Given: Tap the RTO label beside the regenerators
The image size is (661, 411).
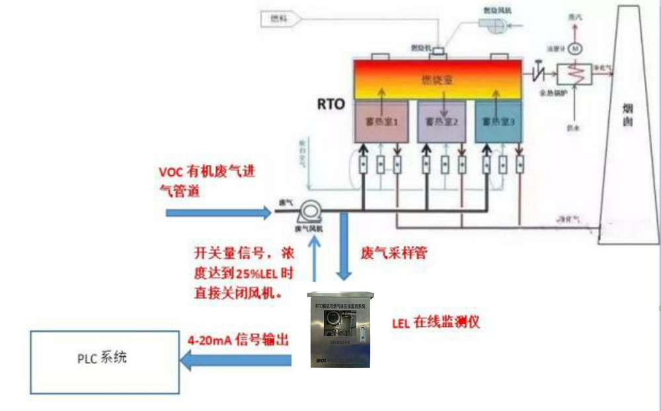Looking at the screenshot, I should pos(330,104).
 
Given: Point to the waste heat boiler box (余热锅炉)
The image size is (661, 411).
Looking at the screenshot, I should pos(574,74).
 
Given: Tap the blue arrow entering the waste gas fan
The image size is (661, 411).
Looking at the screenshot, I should pos(218,213).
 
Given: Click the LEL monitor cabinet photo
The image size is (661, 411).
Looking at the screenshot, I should pos(338,328).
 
